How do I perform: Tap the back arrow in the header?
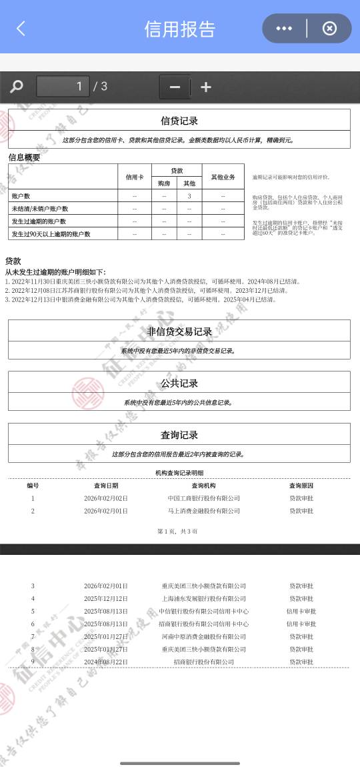click(21, 29)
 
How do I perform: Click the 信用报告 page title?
click(180, 29)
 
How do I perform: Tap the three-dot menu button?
click(284, 29)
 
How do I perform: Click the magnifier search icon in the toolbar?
click(17, 87)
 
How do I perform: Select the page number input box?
click(63, 86)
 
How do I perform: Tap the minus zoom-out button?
click(175, 87)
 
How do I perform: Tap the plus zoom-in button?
click(206, 87)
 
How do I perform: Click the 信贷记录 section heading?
click(179, 121)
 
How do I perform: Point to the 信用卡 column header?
click(135, 177)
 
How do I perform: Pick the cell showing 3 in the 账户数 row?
click(189, 196)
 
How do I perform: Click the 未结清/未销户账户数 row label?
click(40, 209)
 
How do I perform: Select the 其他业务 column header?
click(223, 177)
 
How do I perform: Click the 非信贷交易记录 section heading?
click(179, 331)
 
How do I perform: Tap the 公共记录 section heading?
click(179, 383)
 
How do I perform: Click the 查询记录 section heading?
click(179, 435)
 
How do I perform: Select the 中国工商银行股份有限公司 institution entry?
click(204, 498)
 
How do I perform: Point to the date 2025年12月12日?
click(106, 599)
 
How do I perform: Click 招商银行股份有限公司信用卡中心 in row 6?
click(204, 624)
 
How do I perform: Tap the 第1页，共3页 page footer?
click(177, 531)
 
